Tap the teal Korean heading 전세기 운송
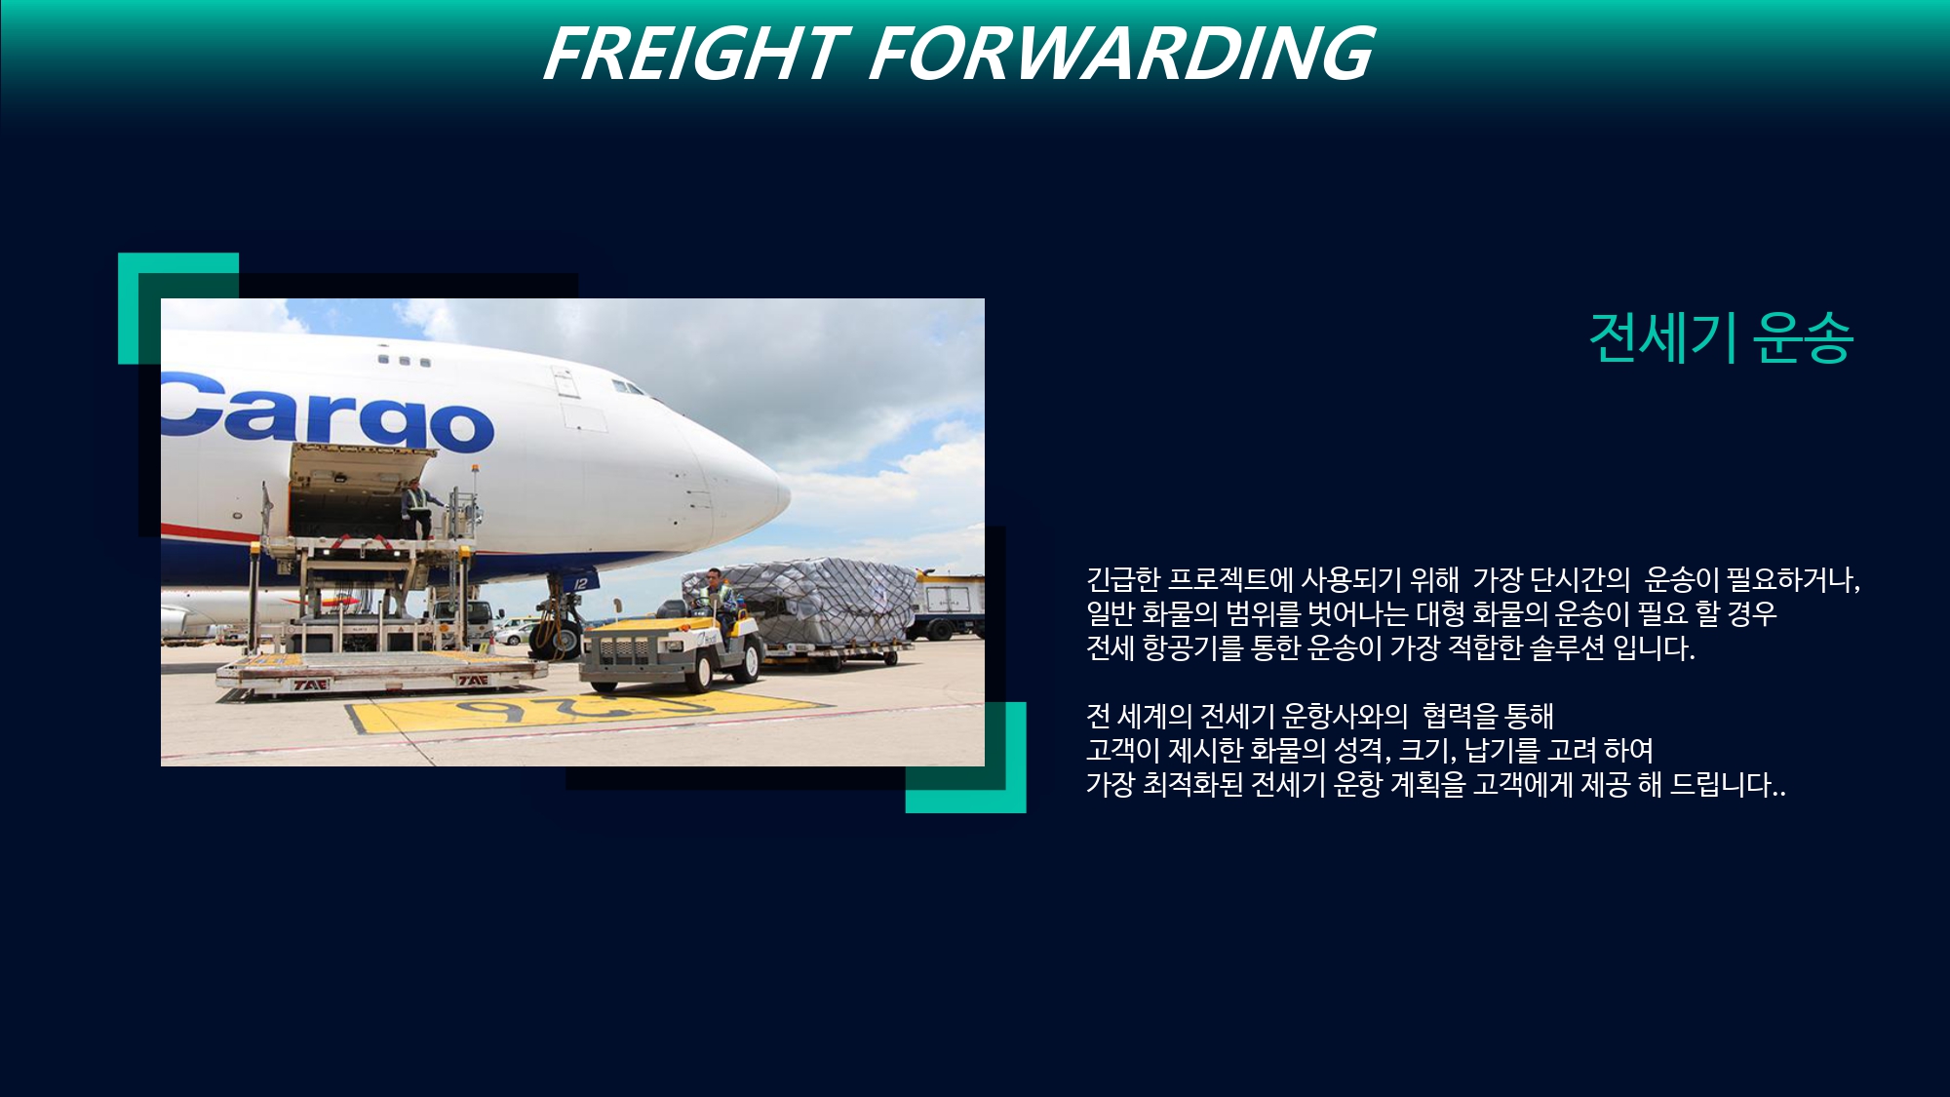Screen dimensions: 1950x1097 coord(1721,338)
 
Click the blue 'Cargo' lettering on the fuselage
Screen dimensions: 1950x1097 coord(328,412)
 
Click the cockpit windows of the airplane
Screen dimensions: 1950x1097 coord(629,387)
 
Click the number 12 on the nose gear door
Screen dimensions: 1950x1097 coord(582,583)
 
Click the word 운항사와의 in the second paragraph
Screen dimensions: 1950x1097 coord(1345,717)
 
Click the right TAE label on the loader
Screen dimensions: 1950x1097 coord(472,680)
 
